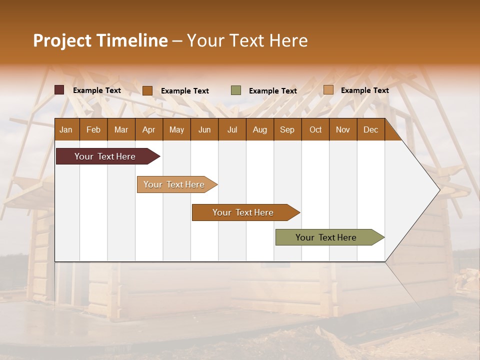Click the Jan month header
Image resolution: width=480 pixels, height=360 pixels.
66,129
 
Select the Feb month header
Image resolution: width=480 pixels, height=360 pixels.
93,129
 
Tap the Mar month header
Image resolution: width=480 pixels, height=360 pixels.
121,129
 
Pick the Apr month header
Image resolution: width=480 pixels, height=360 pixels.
148,129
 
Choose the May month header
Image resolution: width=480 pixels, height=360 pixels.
176,129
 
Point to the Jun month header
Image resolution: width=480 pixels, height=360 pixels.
204,129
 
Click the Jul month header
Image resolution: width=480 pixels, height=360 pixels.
232,129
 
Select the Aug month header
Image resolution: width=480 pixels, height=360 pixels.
259,129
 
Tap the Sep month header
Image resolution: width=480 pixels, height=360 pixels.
287,129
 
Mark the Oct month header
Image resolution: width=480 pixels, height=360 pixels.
315,129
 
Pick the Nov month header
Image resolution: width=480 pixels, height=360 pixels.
343,129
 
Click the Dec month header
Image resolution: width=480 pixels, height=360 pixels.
370,129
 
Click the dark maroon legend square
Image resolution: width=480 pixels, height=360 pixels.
59,90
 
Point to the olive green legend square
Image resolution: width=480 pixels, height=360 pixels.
236,90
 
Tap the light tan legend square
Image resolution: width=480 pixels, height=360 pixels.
328,90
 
